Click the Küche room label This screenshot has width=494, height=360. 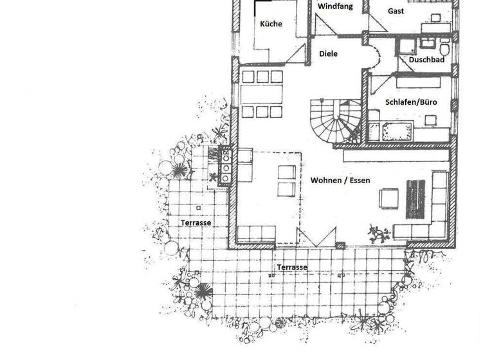click(x=271, y=24)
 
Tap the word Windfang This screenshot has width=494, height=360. click(x=334, y=6)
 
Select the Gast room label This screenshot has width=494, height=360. click(x=396, y=11)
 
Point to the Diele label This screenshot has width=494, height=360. click(x=328, y=54)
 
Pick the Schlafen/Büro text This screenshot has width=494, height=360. click(x=411, y=102)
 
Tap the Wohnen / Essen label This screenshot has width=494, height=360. click(x=340, y=181)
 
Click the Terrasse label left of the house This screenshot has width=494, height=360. click(x=196, y=222)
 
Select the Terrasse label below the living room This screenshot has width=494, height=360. click(x=291, y=267)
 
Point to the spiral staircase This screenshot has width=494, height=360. click(x=334, y=122)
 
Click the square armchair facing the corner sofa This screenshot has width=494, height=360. click(x=389, y=197)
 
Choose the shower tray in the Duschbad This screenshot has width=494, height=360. click(x=405, y=48)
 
